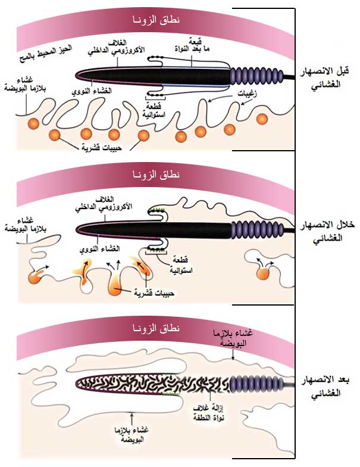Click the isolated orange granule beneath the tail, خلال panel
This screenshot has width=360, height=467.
[262, 272]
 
